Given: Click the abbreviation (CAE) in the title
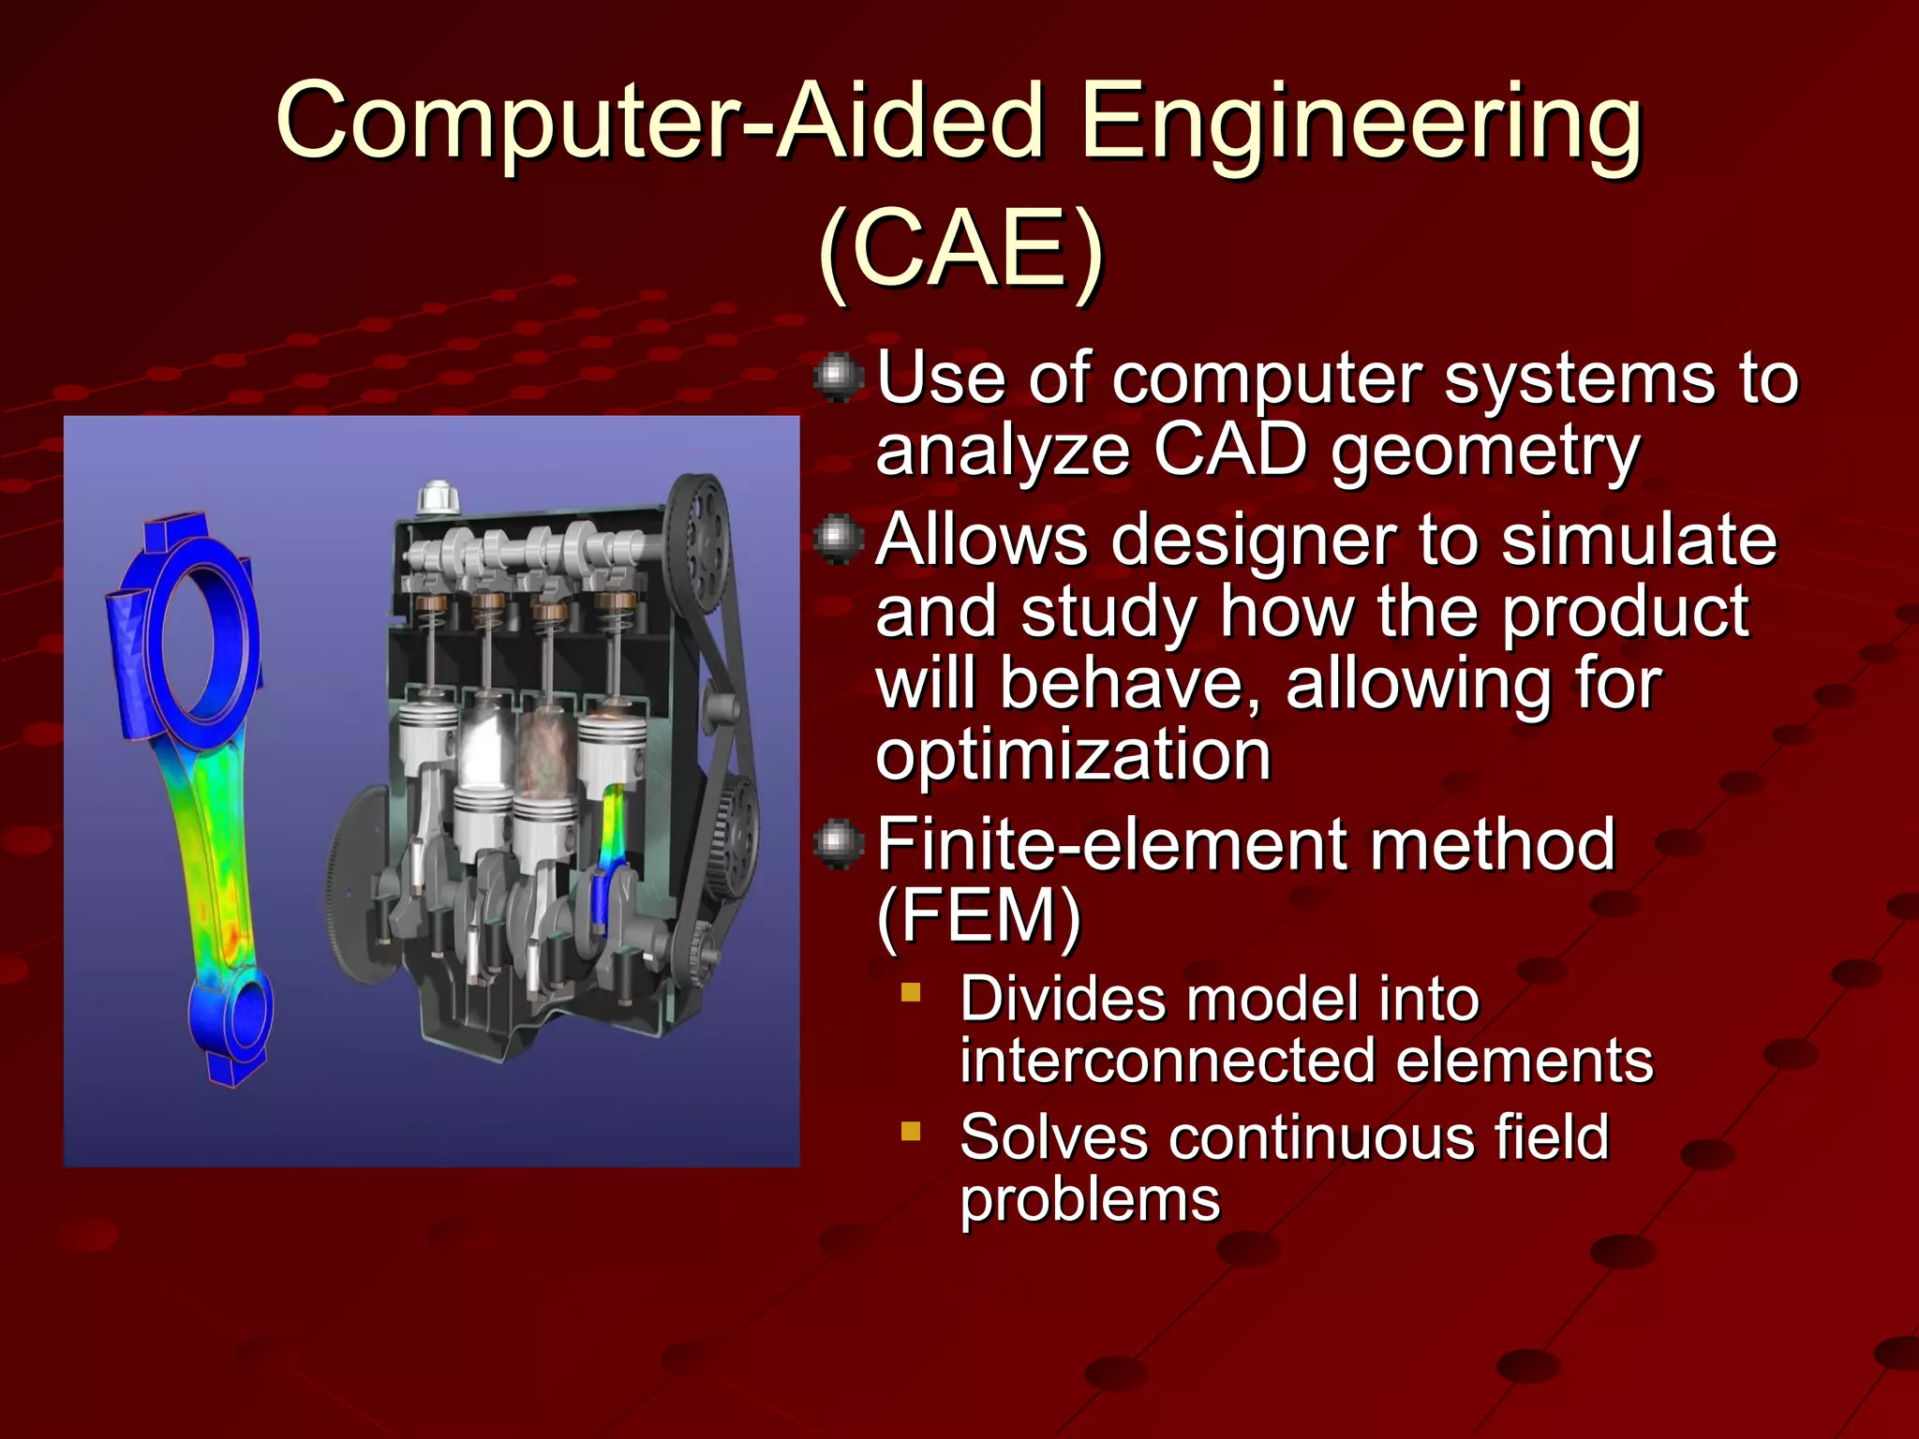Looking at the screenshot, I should [961, 249].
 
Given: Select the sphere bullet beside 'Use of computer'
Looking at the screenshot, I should [838, 378].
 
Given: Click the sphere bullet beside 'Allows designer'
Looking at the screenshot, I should [838, 539].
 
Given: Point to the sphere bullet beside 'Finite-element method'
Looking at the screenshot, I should [838, 843].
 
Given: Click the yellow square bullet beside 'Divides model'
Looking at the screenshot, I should [911, 991].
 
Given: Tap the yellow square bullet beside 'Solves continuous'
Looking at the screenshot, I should [911, 1131].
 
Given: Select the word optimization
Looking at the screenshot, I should [1073, 755].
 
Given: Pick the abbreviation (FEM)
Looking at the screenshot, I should [979, 916].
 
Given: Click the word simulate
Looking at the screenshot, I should [1639, 541].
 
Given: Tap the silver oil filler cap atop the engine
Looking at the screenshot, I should [436, 496].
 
